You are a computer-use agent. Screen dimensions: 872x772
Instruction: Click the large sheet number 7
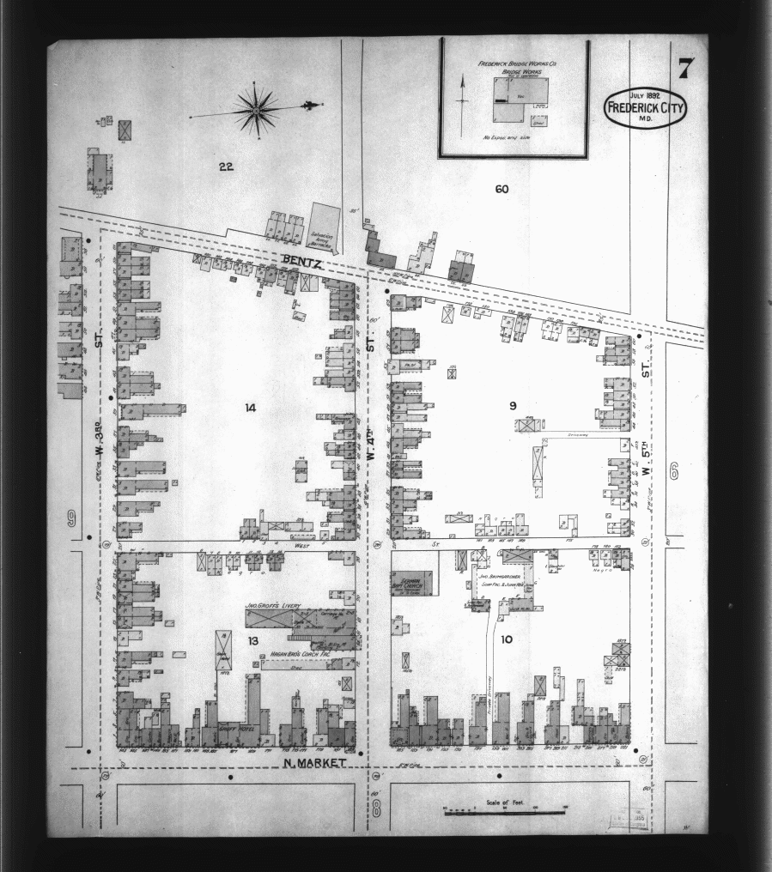(684, 68)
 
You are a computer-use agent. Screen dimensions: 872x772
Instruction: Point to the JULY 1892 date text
(646, 94)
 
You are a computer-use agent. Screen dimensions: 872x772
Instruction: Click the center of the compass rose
(257, 109)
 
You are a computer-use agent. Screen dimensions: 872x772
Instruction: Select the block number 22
(226, 167)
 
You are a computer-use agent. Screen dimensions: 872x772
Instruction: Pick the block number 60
(502, 188)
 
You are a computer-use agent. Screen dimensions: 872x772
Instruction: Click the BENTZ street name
(301, 260)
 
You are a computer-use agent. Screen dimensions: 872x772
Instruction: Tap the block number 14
(251, 407)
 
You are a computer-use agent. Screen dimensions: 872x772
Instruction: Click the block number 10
(506, 639)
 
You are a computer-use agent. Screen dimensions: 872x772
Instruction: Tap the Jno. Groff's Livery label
(272, 606)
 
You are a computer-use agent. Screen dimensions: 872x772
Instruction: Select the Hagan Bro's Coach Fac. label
(284, 653)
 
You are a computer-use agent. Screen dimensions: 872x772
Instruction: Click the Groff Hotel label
(228, 728)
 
